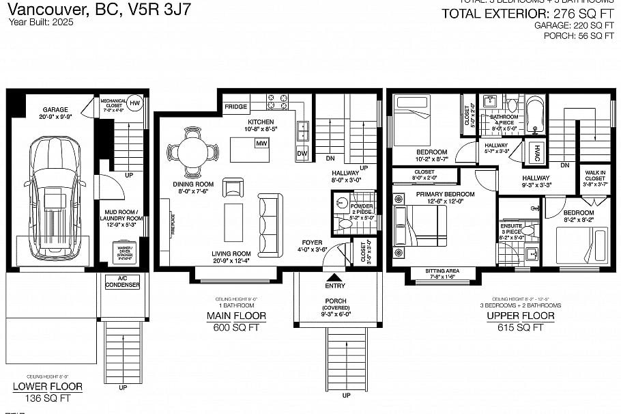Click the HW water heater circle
click(x=135, y=102)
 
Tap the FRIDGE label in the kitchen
click(x=236, y=107)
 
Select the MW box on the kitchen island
click(x=261, y=143)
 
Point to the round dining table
click(x=193, y=151)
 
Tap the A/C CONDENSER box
click(x=123, y=281)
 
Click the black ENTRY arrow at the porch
click(x=335, y=277)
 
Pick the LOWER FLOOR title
click(x=48, y=387)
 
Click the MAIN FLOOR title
click(x=236, y=316)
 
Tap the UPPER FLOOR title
click(x=520, y=316)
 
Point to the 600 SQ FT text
click(x=236, y=327)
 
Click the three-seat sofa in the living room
click(x=269, y=224)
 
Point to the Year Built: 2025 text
click(x=40, y=22)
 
